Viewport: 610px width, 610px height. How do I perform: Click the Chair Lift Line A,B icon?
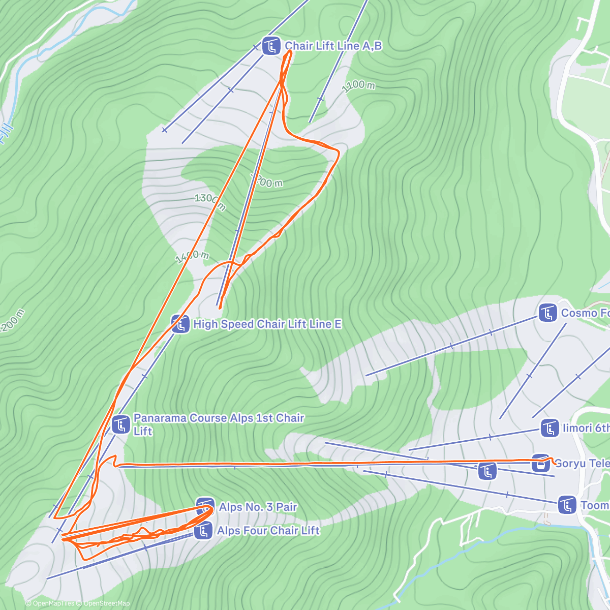[271, 46]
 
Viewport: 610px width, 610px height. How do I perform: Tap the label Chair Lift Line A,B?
[333, 46]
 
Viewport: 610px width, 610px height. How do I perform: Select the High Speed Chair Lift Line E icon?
[180, 324]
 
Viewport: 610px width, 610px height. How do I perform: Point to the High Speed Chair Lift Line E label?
[267, 324]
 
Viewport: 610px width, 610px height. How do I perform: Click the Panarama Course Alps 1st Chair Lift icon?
[121, 424]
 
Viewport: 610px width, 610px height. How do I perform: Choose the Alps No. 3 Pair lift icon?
[205, 507]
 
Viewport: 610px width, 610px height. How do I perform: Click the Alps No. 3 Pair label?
[258, 507]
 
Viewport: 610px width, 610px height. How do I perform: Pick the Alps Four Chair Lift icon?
[203, 531]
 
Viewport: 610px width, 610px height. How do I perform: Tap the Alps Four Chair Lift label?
[268, 531]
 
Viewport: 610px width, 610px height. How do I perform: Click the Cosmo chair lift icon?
[548, 313]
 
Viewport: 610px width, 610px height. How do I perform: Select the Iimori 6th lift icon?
[550, 428]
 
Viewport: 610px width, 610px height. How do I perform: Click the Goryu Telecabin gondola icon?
[541, 463]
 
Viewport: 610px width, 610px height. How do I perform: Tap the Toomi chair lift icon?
[567, 505]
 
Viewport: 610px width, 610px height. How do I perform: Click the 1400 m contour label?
[192, 257]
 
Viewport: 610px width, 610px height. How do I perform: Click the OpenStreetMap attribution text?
[107, 603]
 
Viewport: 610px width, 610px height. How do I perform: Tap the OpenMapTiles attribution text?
[53, 603]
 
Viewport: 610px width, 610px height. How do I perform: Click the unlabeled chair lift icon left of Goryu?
[487, 471]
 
